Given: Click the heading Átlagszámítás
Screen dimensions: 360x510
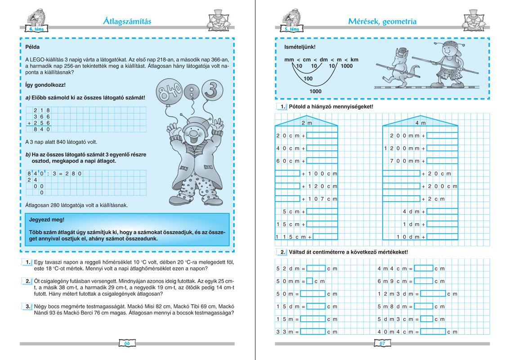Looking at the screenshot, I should tap(127, 21).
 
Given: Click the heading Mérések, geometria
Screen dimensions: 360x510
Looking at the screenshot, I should tap(382, 21).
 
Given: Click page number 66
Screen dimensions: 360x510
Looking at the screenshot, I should tap(127, 343).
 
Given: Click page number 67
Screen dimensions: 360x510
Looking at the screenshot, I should tap(383, 343).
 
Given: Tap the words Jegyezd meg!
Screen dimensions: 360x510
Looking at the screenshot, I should tap(45, 220).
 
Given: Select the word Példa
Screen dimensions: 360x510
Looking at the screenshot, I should tap(33, 47).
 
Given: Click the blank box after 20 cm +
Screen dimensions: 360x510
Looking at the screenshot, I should tap(322, 135).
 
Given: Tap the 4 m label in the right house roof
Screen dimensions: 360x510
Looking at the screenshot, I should tap(420, 123).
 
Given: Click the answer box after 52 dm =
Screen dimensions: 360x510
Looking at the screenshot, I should tap(316, 269).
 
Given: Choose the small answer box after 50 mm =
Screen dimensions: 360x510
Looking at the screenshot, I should tap(309, 281).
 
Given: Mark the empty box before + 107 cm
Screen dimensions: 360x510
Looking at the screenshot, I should tap(287, 198).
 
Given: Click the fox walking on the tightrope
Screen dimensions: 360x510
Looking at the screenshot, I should tap(398, 67).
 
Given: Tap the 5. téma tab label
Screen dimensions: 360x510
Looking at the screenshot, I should tap(292, 30).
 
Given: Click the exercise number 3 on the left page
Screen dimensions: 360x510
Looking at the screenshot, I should tap(27, 306).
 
